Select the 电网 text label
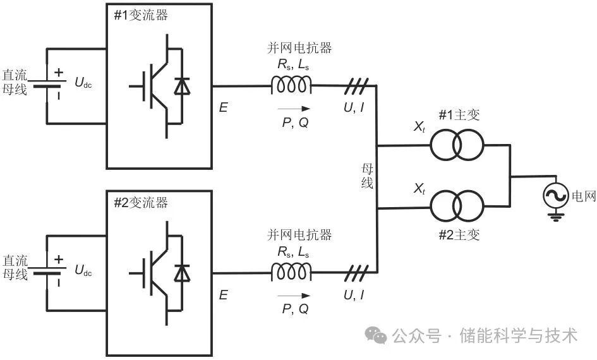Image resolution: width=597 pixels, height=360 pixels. [x=584, y=196]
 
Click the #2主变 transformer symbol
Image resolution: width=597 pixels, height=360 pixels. [x=457, y=206]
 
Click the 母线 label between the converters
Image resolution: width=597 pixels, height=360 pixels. [x=367, y=176]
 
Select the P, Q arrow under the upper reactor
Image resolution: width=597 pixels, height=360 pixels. [x=294, y=108]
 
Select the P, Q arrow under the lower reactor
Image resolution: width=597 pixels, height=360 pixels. [x=294, y=295]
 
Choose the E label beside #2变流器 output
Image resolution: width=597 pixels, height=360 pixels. [x=223, y=294]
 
